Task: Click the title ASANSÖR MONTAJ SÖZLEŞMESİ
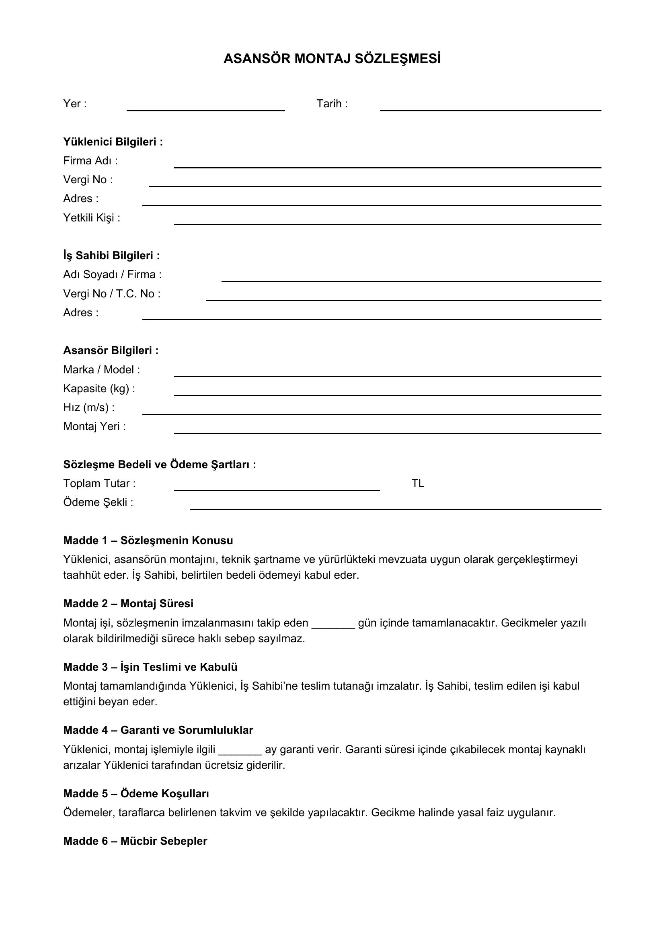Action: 332,59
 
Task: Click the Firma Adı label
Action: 90,161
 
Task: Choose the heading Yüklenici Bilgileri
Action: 113,142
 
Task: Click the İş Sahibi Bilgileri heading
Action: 111,256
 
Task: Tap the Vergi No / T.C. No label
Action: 111,294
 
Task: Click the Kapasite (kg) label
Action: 99,389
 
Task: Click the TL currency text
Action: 418,484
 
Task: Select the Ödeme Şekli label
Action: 98,503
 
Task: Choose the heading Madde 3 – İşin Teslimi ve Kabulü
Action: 150,668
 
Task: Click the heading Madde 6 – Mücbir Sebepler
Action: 135,841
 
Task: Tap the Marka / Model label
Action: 102,370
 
